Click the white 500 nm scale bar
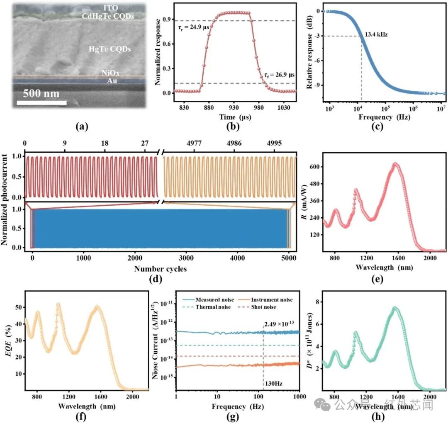(x=42, y=102)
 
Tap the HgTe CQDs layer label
(x=110, y=49)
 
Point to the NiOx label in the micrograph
(x=111, y=73)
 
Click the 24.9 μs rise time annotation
(x=194, y=28)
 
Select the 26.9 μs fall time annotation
(x=279, y=75)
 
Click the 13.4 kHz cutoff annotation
(x=376, y=34)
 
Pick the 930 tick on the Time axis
(x=234, y=107)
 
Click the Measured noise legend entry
(x=208, y=299)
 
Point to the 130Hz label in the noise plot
(x=273, y=383)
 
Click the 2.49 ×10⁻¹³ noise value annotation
(x=279, y=324)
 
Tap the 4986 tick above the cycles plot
(x=234, y=143)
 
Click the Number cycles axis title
(x=160, y=269)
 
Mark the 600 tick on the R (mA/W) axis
(x=314, y=167)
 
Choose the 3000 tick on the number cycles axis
(x=186, y=258)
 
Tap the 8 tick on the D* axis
(x=317, y=302)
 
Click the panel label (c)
(x=377, y=126)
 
